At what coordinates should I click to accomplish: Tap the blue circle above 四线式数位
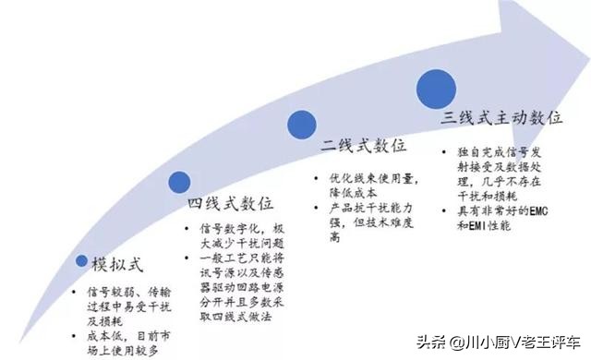click(x=179, y=182)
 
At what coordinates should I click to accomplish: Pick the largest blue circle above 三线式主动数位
click(x=437, y=88)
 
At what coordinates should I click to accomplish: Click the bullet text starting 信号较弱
click(x=120, y=306)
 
